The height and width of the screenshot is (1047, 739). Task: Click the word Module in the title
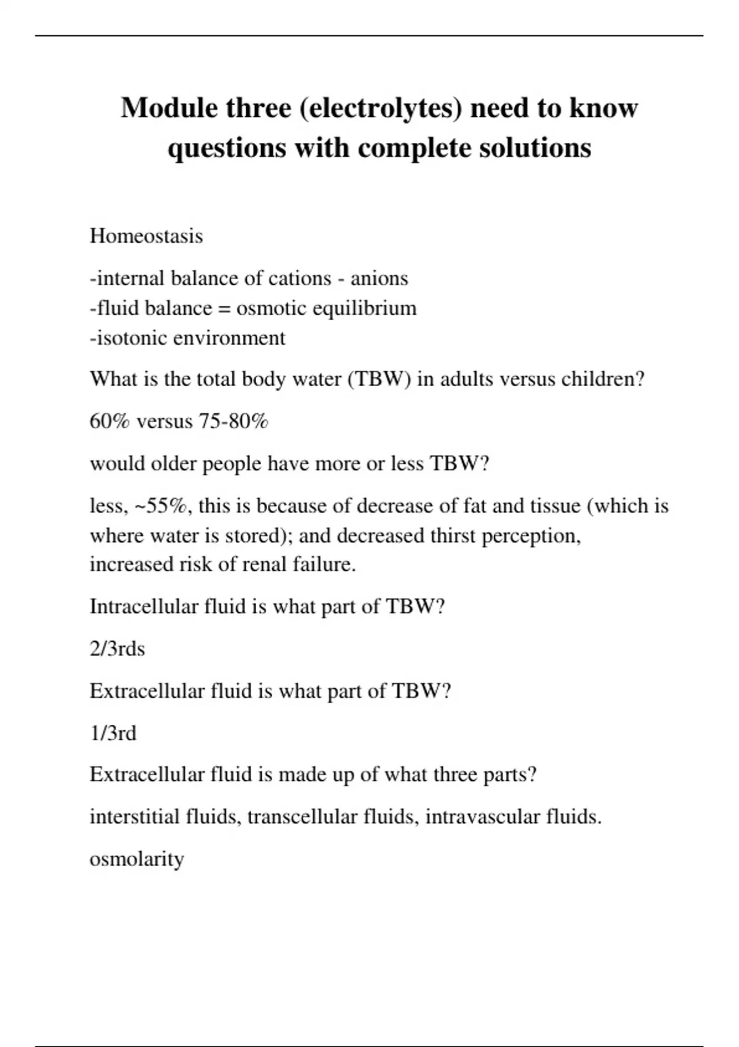point(170,108)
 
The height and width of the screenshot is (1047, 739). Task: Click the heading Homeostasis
point(146,236)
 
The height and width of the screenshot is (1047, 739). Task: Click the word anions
point(379,278)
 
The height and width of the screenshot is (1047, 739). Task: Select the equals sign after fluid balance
point(224,308)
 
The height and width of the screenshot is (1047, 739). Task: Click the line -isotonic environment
point(187,338)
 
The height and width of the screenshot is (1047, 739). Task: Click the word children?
point(602,379)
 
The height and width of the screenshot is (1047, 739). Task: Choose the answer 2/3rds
point(117,649)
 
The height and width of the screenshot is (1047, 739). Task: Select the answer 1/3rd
point(113,734)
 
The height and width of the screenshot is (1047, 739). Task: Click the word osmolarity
point(137,859)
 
